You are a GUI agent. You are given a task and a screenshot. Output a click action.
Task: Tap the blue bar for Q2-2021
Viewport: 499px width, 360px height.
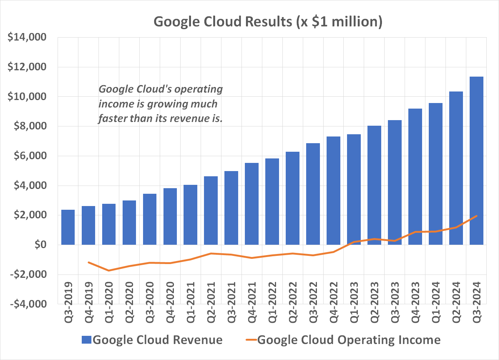pos(211,210)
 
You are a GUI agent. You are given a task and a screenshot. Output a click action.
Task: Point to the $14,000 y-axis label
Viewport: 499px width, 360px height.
pos(27,37)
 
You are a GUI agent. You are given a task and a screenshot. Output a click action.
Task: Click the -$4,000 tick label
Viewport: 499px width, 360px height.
pos(29,304)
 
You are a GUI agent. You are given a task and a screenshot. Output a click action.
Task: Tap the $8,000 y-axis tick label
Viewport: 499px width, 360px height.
pos(30,126)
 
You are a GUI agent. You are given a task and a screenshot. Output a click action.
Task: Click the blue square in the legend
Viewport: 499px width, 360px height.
pos(86,340)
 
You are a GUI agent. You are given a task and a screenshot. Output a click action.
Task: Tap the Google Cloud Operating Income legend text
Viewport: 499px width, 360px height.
pos(349,340)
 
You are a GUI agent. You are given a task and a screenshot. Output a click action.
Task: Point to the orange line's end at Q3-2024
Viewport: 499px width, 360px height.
pos(476,216)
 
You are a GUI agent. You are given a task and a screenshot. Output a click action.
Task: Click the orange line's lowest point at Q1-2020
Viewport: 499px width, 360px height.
pos(109,270)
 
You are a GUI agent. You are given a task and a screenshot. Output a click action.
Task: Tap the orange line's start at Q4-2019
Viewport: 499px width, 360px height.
pos(88,262)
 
